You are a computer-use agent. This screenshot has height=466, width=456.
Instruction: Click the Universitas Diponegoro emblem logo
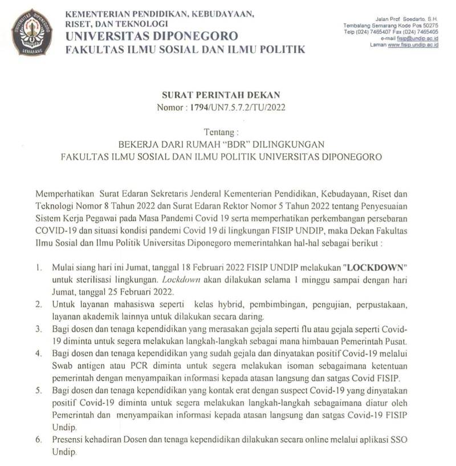[31, 32]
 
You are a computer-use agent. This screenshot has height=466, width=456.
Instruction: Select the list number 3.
[39, 329]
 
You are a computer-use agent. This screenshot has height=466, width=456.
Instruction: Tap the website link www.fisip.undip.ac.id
[413, 45]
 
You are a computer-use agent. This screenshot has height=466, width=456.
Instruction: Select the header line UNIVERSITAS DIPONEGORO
[152, 36]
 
